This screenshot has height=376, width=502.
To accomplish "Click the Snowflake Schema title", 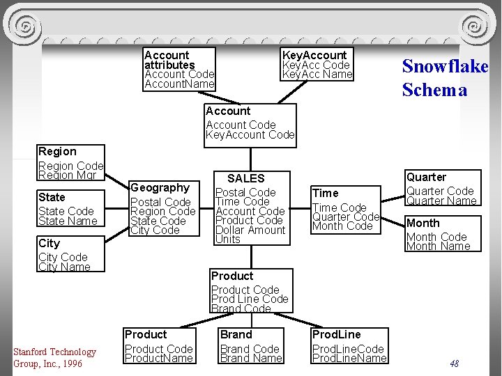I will click(445, 77).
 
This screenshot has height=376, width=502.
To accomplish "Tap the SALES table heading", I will click(246, 178).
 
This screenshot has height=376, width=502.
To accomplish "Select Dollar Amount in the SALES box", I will click(250, 230).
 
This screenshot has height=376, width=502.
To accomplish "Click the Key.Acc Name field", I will click(317, 75).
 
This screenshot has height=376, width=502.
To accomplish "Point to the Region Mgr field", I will click(67, 175).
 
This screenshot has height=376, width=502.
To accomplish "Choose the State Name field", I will click(68, 221).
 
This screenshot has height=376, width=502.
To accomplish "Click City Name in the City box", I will click(64, 267).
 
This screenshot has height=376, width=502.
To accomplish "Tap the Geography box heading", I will click(160, 188).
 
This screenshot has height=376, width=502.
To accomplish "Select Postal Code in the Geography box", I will click(160, 202).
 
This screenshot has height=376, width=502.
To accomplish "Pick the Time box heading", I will click(326, 194).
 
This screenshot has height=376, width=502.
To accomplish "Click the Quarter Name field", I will click(441, 201).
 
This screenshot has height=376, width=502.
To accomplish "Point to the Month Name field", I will click(438, 246).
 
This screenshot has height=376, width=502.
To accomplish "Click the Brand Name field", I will click(251, 358).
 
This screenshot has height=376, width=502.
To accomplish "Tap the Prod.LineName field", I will click(349, 358).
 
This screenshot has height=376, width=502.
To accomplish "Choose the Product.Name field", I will click(158, 358).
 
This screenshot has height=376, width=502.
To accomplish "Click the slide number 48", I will click(454, 363).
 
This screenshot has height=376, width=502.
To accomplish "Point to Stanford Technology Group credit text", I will click(54, 357).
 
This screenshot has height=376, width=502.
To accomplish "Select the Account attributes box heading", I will click(169, 60).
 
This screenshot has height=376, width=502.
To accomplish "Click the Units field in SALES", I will click(228, 239).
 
